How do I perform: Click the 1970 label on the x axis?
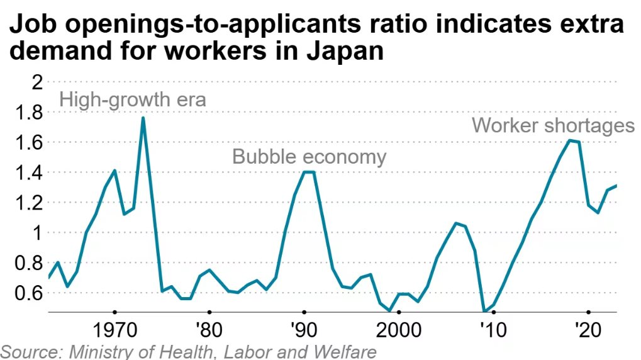tap(114, 331)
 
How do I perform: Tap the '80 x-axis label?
tap(209, 331)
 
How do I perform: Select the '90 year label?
tap(304, 331)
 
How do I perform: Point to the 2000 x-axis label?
tap(398, 331)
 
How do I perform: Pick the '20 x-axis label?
tap(588, 331)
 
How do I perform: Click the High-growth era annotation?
tap(133, 100)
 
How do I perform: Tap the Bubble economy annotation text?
tap(309, 156)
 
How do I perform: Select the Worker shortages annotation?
tap(553, 125)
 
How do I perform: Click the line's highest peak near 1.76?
tap(143, 118)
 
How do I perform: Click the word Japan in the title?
tap(345, 52)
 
